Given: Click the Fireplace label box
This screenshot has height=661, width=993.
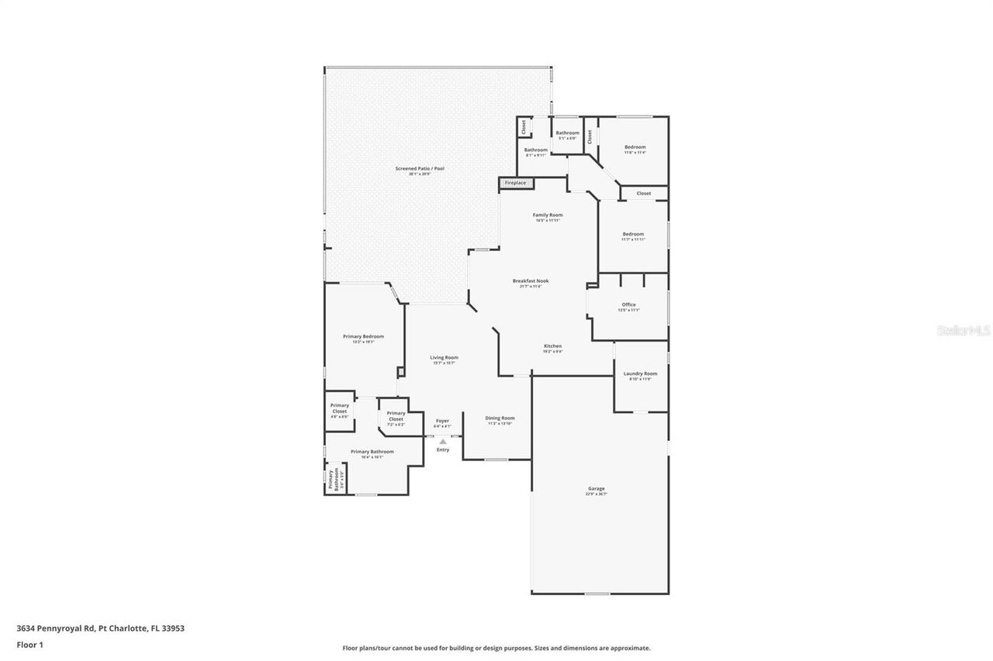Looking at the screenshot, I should (515, 183).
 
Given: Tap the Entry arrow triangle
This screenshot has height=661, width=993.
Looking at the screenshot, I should (443, 442).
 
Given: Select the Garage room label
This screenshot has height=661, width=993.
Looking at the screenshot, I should (596, 488).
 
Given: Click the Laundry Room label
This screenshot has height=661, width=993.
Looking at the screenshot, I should (640, 374).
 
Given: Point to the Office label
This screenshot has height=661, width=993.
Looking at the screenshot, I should (628, 305).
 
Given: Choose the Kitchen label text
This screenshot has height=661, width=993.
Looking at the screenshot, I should (552, 346).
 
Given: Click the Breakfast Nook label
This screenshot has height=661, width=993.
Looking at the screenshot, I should (531, 281).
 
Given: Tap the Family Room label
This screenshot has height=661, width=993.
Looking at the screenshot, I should (548, 215).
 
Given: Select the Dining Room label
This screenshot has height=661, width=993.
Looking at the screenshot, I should (500, 418).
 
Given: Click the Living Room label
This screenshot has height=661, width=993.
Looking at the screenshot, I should (445, 357).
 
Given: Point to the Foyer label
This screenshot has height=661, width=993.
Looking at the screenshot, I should (442, 421).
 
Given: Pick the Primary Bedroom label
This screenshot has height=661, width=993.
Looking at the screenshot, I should (363, 336).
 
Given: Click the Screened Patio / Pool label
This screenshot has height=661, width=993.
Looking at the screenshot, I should (420, 168).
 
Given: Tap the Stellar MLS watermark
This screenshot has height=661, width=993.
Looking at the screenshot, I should (964, 330).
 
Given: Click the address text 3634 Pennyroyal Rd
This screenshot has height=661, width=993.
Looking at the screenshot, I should (101, 628).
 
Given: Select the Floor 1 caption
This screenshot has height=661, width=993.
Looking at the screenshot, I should (30, 644).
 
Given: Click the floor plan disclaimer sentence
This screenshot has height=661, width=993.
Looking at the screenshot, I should (496, 648).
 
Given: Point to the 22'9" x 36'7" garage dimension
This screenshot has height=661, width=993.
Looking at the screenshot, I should (596, 494).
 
